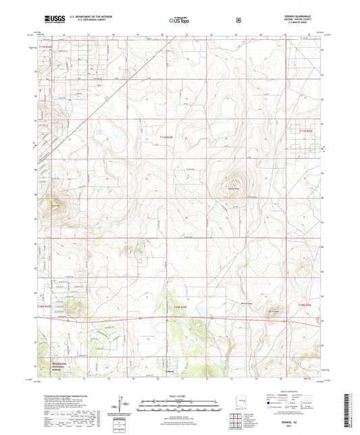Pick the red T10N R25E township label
point(179,307)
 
